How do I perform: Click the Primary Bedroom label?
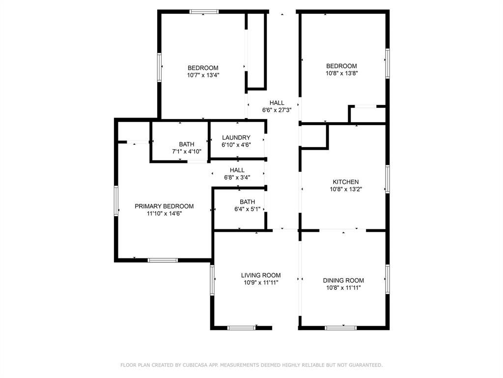(164, 206)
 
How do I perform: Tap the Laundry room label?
(236, 138)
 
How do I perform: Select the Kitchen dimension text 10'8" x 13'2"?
(346, 189)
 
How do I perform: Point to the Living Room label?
(261, 276)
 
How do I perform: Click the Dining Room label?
(343, 281)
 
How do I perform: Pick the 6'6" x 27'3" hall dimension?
(277, 110)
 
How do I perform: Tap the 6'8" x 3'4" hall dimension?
(237, 177)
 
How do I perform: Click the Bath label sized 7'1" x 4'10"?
(179, 144)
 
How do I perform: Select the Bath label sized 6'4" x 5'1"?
(247, 202)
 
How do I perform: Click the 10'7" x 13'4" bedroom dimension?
(203, 75)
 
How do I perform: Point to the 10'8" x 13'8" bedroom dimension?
(341, 73)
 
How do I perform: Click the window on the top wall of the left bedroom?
(204, 12)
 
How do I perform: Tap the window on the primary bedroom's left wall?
(116, 200)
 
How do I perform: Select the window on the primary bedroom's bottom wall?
(163, 260)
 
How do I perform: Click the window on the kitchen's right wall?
(388, 179)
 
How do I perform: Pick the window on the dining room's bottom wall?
(340, 327)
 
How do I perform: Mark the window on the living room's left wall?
(213, 280)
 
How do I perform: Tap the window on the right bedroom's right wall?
(388, 63)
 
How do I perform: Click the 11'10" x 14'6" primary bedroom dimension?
(164, 214)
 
